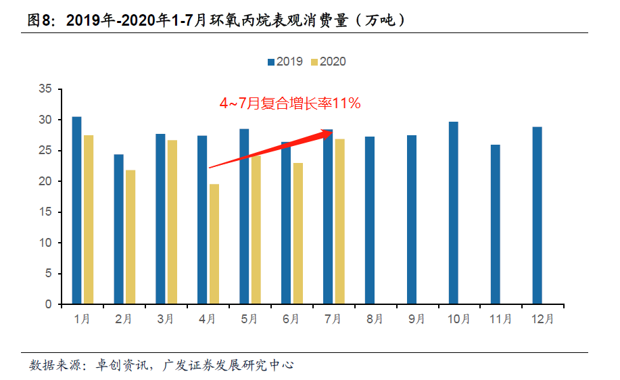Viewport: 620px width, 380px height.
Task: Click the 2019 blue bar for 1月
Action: click(76, 210)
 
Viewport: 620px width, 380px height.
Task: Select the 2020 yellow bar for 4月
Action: click(214, 244)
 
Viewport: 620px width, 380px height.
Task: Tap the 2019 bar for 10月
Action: click(453, 213)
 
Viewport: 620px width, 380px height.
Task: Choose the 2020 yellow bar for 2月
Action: click(130, 237)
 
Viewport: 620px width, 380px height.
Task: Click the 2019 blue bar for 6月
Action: click(286, 223)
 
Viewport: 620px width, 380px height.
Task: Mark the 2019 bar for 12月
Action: click(537, 216)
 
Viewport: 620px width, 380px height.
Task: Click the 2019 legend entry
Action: click(285, 62)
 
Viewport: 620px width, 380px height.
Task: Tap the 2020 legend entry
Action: click(328, 62)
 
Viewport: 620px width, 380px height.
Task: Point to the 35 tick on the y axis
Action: click(46, 89)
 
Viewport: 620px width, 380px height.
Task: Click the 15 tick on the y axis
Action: click(46, 212)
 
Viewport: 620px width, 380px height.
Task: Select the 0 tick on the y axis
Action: click(49, 304)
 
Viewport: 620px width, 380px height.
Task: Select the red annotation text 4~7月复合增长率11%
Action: click(290, 103)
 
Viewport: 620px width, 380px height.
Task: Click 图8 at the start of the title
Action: click(39, 20)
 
